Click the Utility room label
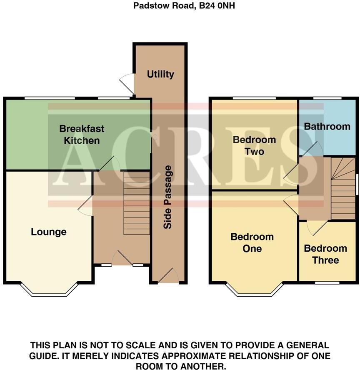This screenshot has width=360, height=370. (160, 74)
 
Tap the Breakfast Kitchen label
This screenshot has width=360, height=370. (81, 134)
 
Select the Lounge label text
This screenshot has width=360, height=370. (49, 232)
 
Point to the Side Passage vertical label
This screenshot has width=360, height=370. (167, 197)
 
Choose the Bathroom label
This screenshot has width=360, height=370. (327, 126)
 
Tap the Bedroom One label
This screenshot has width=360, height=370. (252, 242)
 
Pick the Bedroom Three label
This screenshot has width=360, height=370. (325, 254)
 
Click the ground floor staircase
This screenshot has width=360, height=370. (137, 203)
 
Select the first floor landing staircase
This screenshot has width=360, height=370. (343, 187)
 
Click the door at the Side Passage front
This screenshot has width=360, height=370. (168, 276)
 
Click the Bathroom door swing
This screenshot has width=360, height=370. (313, 150)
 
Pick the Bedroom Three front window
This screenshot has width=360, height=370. (327, 282)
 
